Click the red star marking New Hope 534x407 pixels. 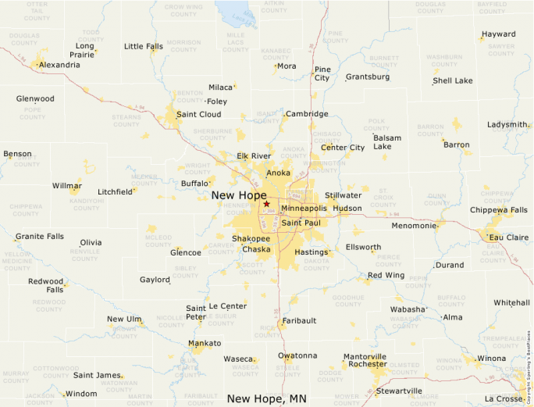(266, 204)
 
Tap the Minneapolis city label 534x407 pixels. (304, 209)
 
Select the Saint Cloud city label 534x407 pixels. (198, 114)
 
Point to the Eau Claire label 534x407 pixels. (508, 237)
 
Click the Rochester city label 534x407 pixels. (367, 364)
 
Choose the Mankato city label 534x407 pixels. (205, 344)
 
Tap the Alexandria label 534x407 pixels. (59, 65)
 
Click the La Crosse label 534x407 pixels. (503, 398)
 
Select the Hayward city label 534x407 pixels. (498, 34)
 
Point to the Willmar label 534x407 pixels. (66, 186)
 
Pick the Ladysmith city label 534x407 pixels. (507, 124)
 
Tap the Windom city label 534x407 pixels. (80, 394)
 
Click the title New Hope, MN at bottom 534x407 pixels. (266, 398)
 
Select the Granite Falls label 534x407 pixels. (40, 236)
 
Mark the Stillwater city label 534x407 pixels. (344, 195)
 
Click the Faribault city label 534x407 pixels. (300, 320)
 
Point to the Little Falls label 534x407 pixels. (144, 46)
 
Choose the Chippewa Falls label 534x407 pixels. (498, 210)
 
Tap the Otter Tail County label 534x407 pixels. (37, 9)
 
